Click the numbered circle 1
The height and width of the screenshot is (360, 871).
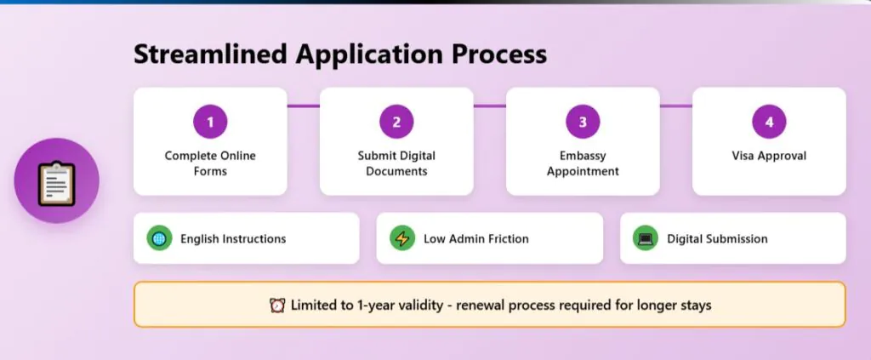coord(210,122)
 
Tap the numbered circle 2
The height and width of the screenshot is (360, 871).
coord(396,122)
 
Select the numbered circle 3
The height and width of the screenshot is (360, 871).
coord(583,122)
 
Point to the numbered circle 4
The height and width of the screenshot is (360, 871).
coord(769,122)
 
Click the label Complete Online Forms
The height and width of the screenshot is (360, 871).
coord(210,163)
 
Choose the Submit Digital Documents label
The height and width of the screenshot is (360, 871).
coord(396,163)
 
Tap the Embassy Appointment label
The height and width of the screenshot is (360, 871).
coord(583,163)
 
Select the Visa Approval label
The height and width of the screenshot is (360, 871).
coord(769,156)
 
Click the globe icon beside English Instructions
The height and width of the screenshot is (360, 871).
coord(159,238)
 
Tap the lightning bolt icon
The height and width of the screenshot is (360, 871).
coord(402,238)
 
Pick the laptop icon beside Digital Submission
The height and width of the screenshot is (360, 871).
coord(646,238)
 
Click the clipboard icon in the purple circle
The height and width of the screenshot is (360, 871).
coord(57,181)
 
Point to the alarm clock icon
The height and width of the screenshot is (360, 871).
coord(276,305)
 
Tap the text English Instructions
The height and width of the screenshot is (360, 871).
coord(233,239)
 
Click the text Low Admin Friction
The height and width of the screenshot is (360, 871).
coord(476,239)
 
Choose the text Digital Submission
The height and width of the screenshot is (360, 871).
coord(717,239)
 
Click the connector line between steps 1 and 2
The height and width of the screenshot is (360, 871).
coord(303,106)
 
